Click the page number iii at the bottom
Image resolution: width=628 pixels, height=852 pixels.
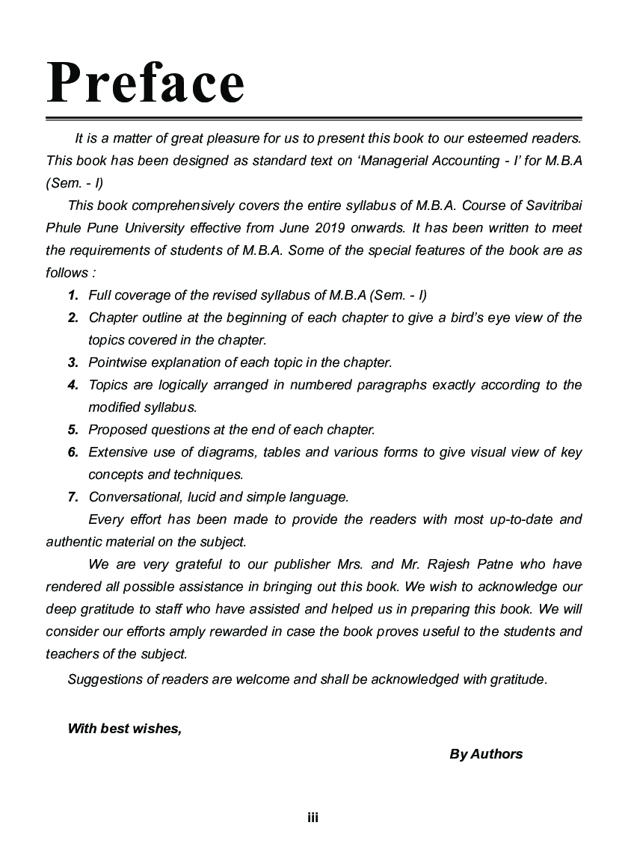point(313,818)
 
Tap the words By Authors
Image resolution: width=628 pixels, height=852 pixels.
point(486,753)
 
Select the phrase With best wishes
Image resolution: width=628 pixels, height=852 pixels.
point(124,729)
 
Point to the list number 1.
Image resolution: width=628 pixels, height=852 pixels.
point(73,295)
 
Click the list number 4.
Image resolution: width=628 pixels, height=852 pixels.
point(73,385)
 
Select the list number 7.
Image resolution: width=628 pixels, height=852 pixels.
point(73,497)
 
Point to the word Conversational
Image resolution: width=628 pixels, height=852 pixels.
point(132,497)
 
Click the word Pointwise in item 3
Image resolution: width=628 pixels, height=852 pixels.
point(117,362)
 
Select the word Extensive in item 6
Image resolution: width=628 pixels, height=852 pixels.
point(117,452)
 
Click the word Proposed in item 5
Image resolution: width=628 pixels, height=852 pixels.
point(117,430)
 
